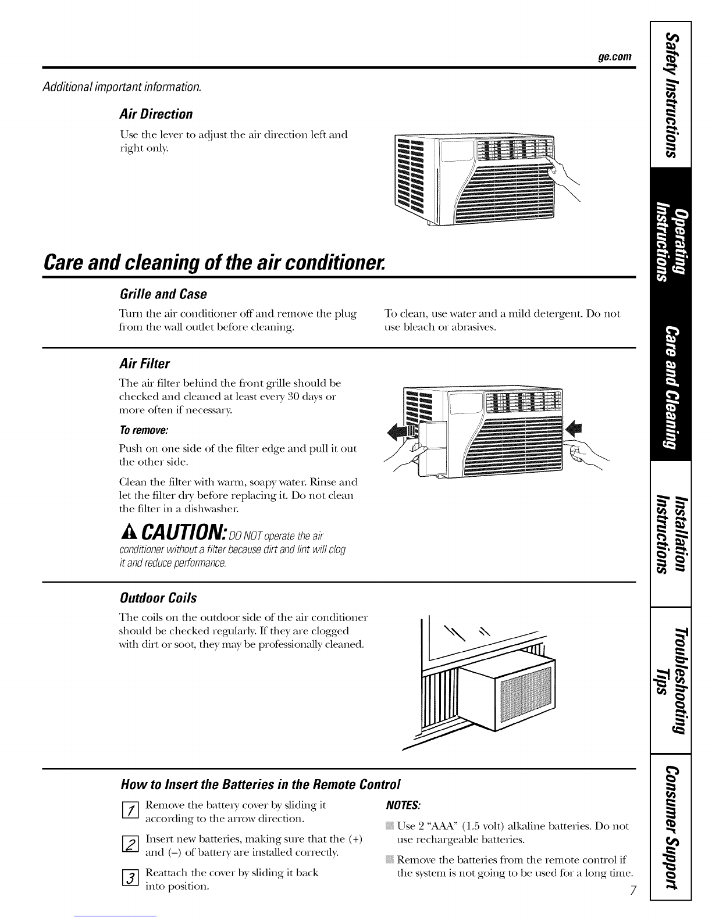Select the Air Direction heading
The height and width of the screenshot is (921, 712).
155,113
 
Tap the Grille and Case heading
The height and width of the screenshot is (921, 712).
163,293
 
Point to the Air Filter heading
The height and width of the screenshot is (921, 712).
144,364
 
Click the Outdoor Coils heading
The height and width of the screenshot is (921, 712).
158,598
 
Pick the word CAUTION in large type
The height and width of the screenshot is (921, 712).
183,532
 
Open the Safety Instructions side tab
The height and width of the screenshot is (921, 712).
672,95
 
